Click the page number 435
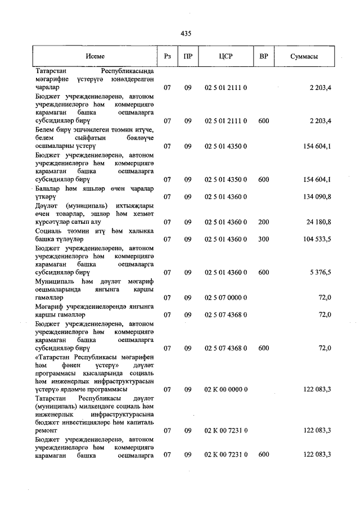pyautogui.click(x=186, y=34)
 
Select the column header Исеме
pyautogui.click(x=95, y=57)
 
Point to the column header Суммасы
pyautogui.click(x=305, y=57)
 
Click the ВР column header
pyautogui.click(x=263, y=57)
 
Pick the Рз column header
pyautogui.click(x=167, y=57)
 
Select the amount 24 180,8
pyautogui.click(x=319, y=222)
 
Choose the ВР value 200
pyautogui.click(x=263, y=222)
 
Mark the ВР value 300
pyautogui.click(x=263, y=239)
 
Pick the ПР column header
pyautogui.click(x=188, y=57)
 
